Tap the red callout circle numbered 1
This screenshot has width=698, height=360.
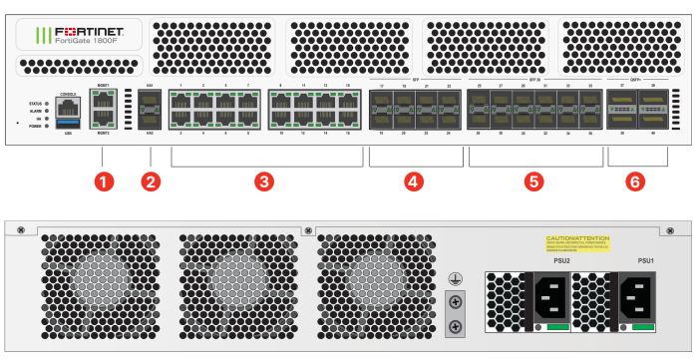point(103,181)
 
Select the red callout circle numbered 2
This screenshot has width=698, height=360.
point(151,181)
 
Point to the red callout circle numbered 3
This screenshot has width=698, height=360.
point(263,181)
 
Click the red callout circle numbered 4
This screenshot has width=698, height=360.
point(413,181)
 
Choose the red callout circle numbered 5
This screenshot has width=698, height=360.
point(534,181)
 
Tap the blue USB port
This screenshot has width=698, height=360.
point(68,124)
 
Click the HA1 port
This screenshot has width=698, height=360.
point(151,104)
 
